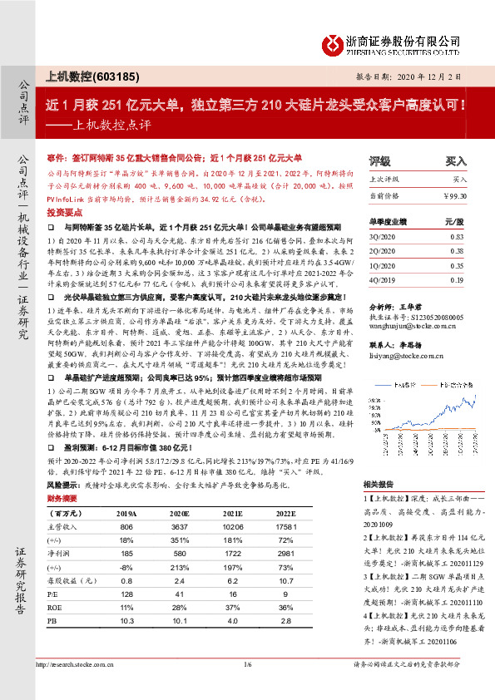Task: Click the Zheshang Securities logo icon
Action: click(x=333, y=42)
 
